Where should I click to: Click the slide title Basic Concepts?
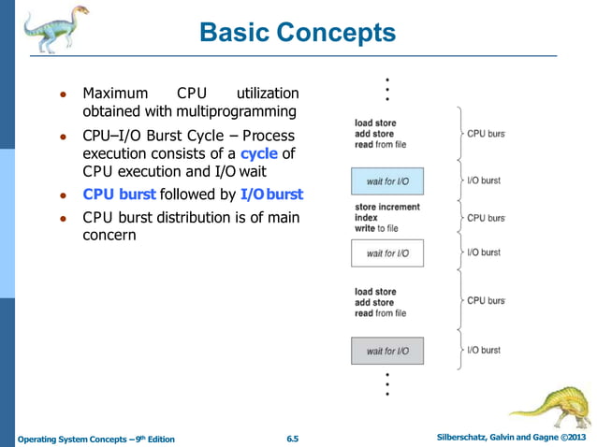coord(298,34)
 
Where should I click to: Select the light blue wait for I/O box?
coord(387,180)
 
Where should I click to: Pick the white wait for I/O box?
coord(387,253)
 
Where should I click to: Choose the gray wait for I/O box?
coord(387,351)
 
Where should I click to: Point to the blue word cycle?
coord(258,153)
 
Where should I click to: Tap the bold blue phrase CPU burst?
coord(119,195)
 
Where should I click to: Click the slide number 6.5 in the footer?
coord(292,439)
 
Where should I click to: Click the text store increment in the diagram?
coord(387,207)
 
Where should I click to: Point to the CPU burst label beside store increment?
coord(486,218)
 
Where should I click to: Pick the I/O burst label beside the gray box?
coord(484,350)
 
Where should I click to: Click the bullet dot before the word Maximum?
coord(62,94)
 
